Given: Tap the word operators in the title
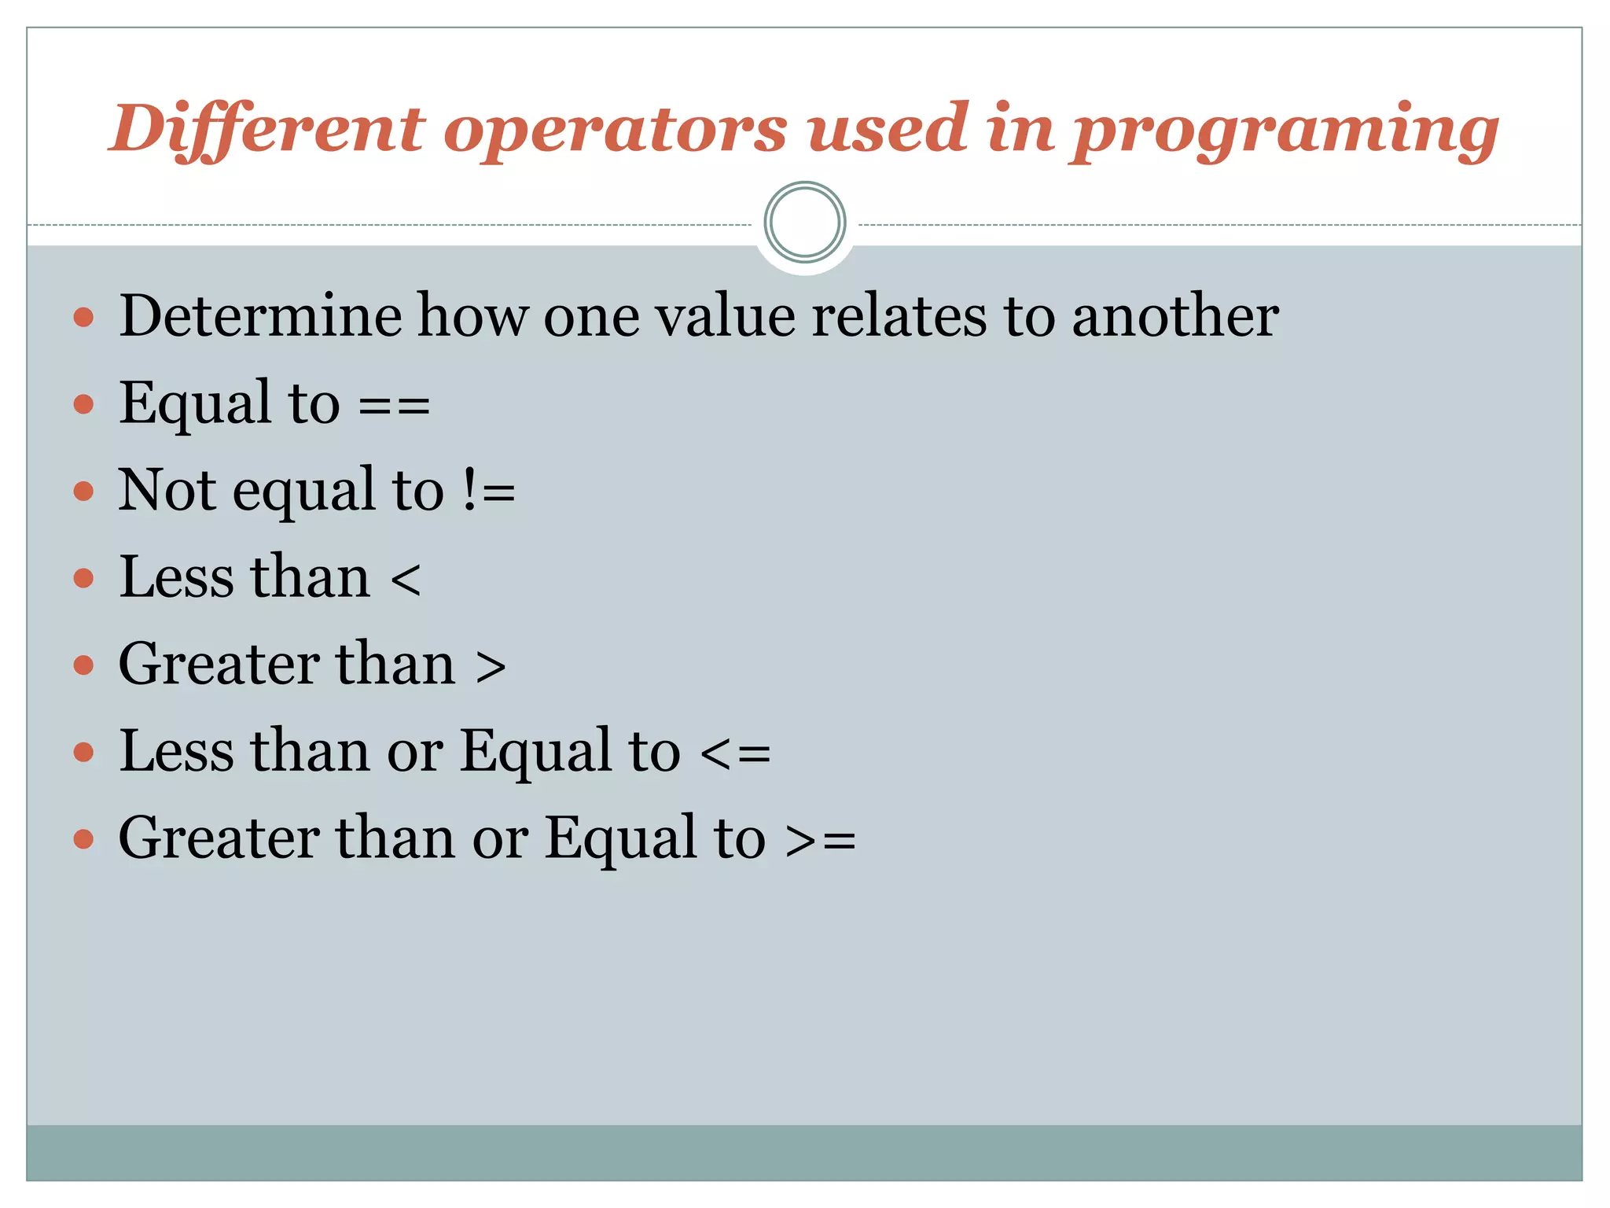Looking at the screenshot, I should [x=615, y=131].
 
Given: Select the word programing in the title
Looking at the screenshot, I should [x=1285, y=131].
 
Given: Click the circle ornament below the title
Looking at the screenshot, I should [x=804, y=223].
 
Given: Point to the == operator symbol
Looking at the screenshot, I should [x=394, y=407].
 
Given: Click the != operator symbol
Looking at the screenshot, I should [x=488, y=492].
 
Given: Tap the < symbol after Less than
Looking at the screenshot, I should [x=405, y=580].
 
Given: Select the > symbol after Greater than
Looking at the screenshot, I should [x=491, y=667].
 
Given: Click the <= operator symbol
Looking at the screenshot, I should [x=735, y=753].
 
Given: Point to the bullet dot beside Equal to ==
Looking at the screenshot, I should [x=83, y=405].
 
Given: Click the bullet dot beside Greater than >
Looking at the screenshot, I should [x=83, y=666].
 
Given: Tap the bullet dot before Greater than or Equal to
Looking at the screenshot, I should [x=83, y=839].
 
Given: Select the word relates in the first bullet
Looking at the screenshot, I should [x=899, y=316].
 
